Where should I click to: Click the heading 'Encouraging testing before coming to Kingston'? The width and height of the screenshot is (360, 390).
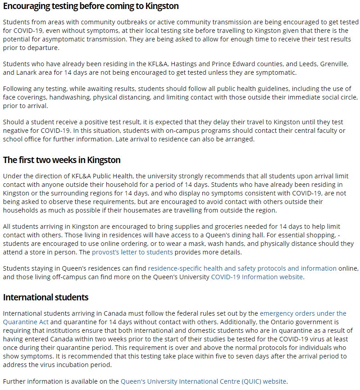[91, 6]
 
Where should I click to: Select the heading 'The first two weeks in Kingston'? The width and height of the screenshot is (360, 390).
[62, 160]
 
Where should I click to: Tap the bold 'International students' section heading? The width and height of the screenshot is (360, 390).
[46, 297]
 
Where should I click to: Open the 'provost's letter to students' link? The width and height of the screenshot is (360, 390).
[132, 252]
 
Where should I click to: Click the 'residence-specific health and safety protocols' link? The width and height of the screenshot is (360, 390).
[242, 268]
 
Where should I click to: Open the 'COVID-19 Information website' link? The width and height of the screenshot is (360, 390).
[257, 277]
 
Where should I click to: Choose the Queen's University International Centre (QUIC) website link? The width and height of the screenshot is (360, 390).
[203, 381]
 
